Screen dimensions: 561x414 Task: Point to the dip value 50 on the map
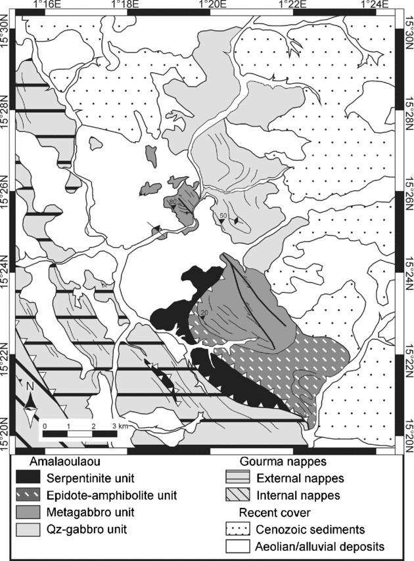(x=223, y=216)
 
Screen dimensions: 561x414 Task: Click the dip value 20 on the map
(x=204, y=312)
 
